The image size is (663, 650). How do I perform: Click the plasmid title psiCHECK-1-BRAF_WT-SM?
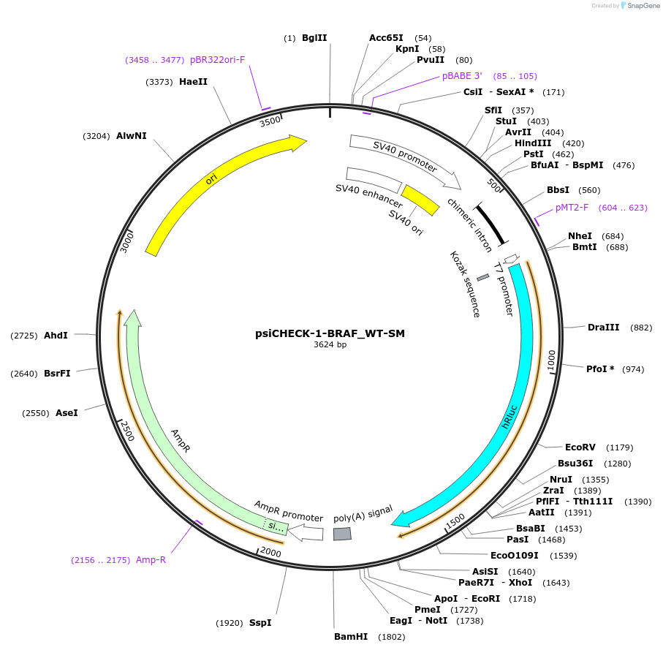click(330, 333)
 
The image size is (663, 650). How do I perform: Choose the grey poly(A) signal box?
click(342, 534)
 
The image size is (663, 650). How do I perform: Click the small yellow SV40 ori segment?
click(420, 200)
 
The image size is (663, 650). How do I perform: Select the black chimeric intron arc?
click(493, 224)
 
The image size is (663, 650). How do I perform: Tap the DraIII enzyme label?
click(603, 328)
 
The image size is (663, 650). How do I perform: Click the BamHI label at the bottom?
click(351, 637)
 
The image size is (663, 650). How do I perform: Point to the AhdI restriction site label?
click(56, 335)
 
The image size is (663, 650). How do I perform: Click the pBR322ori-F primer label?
click(218, 60)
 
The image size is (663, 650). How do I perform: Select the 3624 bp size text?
click(330, 345)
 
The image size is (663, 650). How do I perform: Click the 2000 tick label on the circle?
click(270, 551)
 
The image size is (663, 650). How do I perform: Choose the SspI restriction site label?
click(260, 623)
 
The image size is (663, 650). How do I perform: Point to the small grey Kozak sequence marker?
click(482, 278)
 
